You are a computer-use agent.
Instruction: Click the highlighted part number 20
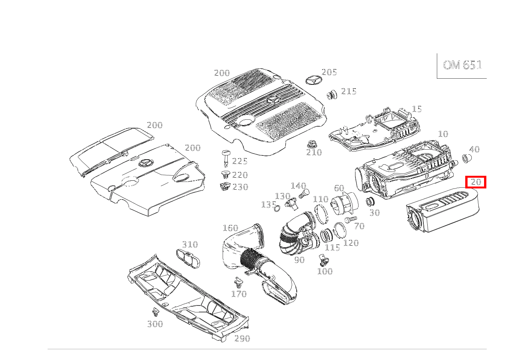476,182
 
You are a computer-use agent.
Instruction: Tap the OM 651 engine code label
462,65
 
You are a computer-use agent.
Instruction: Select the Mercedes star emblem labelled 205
314,82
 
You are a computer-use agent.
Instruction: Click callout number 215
349,91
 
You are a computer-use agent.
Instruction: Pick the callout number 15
416,109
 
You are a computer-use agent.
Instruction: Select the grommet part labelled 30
370,202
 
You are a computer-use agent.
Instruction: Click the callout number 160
230,228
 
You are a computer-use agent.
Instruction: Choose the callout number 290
242,339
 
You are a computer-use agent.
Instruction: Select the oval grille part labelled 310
188,256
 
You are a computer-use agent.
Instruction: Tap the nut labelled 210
312,145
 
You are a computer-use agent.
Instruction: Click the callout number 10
443,134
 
